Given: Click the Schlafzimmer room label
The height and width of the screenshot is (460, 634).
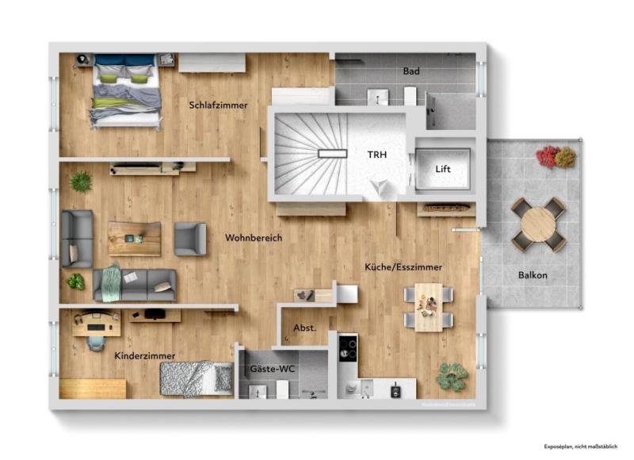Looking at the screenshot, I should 218,105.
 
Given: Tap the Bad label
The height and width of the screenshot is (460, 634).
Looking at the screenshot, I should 411,71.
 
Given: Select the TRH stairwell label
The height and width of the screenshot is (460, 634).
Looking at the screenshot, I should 376,155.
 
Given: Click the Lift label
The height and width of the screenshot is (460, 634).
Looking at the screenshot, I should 444,169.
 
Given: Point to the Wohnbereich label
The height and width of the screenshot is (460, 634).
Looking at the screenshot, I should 253,237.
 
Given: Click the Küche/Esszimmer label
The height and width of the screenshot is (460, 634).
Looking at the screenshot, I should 403,267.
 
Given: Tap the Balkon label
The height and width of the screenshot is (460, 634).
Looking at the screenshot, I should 533,275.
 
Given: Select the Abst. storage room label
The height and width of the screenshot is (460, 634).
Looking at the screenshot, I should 305,327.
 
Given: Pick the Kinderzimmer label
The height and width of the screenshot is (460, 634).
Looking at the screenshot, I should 144,356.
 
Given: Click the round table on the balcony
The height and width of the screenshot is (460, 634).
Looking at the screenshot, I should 538,224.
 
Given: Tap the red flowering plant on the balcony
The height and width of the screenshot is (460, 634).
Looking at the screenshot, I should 547,156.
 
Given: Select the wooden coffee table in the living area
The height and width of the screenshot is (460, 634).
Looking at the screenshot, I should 134,238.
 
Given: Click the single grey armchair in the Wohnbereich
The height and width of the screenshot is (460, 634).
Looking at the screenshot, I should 189,239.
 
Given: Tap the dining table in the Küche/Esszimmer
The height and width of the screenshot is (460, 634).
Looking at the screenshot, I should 429,306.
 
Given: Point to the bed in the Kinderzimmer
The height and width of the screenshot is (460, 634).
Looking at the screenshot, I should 196,378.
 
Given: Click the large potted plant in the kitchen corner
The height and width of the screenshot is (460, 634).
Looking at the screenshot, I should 452,376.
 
